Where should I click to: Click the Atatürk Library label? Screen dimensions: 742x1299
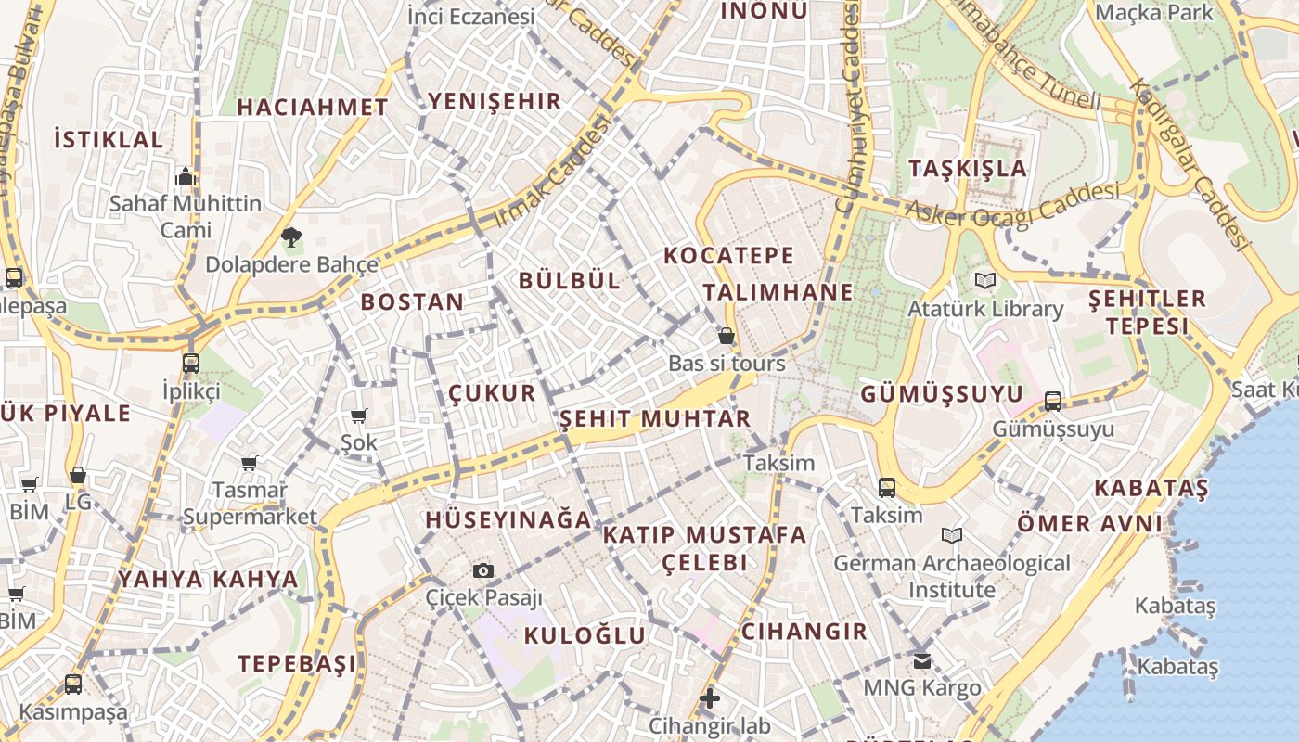[x=985, y=309]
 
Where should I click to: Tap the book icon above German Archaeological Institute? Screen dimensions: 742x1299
[x=952, y=535]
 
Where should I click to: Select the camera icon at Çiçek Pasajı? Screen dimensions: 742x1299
[x=483, y=570]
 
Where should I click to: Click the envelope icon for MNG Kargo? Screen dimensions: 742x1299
[x=921, y=660]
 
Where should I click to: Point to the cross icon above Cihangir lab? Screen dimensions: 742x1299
[x=710, y=697]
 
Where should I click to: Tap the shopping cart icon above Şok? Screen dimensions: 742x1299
[x=359, y=416]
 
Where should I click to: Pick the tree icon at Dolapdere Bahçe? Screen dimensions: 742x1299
[x=291, y=237]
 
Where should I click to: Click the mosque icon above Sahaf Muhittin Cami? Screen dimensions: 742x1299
[x=186, y=176]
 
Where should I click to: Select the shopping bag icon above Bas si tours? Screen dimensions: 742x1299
[x=727, y=336]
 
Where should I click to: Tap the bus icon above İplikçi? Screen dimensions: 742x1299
[x=191, y=363]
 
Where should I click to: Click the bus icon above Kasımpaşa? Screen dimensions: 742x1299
[x=73, y=684]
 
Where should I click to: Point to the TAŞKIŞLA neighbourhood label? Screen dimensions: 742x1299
[x=968, y=169]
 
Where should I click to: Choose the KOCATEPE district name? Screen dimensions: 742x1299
[x=729, y=255]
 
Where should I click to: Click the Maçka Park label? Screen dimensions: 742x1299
[x=1154, y=12]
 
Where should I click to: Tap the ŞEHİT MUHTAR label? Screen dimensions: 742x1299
[x=655, y=419]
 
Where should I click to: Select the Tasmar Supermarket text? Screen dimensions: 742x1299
[x=250, y=503]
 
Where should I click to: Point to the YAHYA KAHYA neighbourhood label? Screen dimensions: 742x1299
[x=208, y=580]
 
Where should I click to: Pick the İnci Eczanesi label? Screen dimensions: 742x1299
[x=471, y=16]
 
